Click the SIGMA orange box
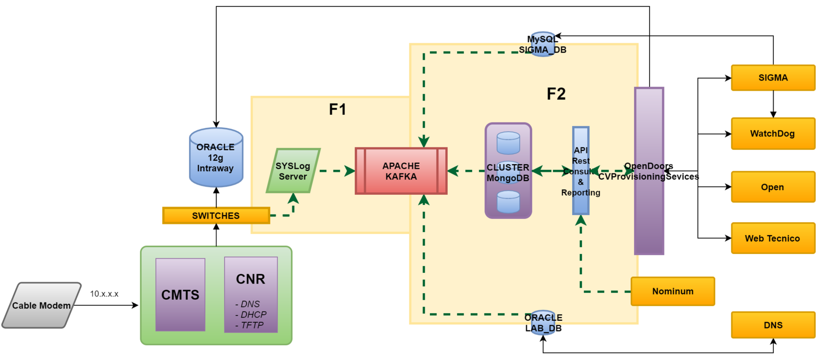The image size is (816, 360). point(773,78)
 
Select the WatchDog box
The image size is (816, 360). point(773,134)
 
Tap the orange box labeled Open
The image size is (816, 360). point(773,187)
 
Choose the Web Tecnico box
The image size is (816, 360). point(773,238)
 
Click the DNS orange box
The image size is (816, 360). point(773,325)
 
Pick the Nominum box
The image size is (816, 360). point(673,291)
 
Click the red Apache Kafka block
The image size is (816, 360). point(401,171)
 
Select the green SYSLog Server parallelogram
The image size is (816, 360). point(293,171)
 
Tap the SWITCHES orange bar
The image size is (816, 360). point(216,216)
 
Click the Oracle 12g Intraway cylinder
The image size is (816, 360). point(216,158)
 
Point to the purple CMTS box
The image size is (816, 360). point(181,295)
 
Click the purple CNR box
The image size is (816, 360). point(251,295)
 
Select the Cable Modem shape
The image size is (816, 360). point(41,305)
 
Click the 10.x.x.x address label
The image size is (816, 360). point(104,294)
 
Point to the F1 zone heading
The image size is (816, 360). point(338,109)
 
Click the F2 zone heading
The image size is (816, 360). point(556,94)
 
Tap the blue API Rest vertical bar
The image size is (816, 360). point(581,171)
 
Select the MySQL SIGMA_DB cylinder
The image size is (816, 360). point(543,44)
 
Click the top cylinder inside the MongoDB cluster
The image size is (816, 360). point(508,143)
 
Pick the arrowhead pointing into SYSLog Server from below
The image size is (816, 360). point(293,198)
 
